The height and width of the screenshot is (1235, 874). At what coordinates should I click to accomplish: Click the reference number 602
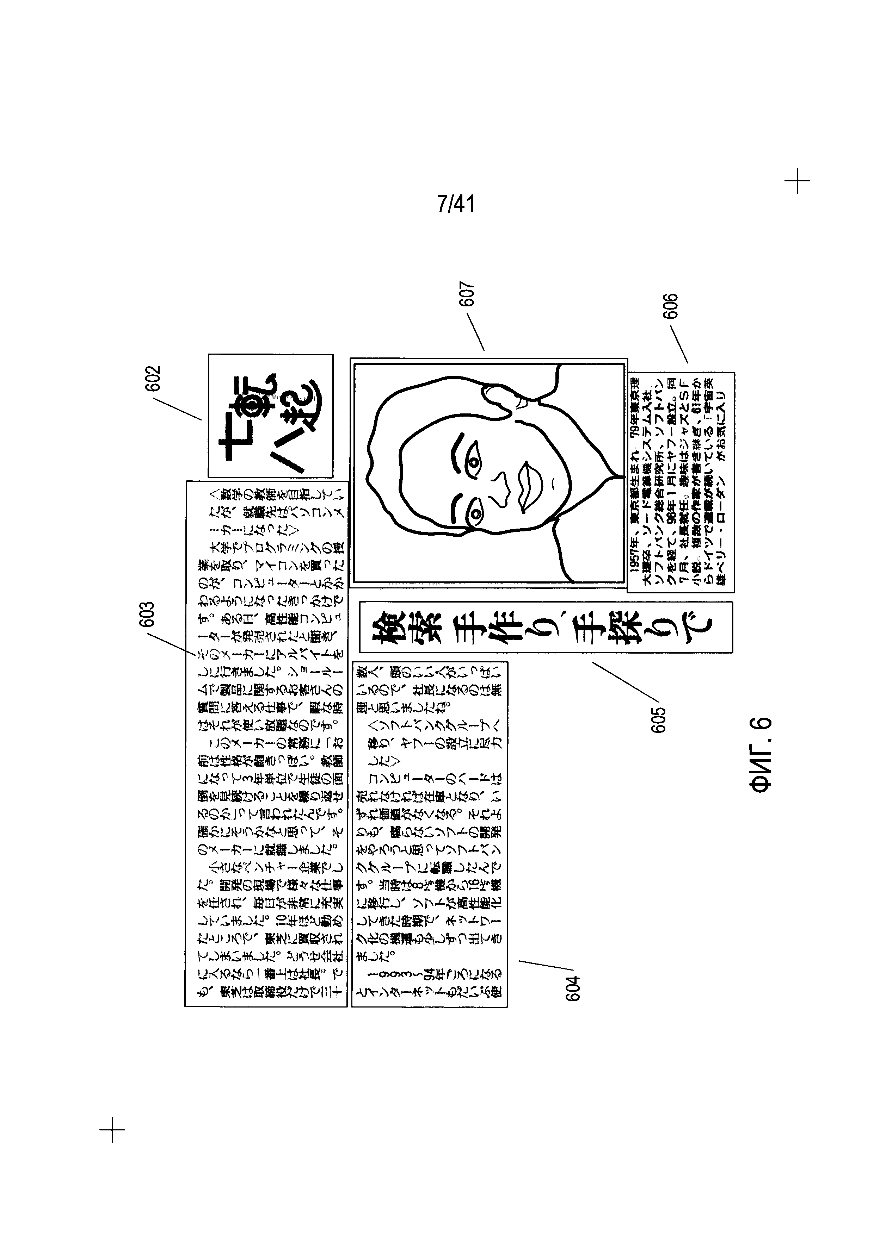pyautogui.click(x=152, y=380)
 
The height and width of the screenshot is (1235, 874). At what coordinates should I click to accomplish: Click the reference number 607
pyautogui.click(x=468, y=295)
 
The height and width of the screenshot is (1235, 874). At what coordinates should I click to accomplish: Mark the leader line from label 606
pyautogui.click(x=679, y=344)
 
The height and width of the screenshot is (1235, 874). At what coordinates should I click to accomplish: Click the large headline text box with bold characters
pyautogui.click(x=546, y=627)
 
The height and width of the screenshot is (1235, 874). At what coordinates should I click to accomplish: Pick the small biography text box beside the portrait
pyautogui.click(x=681, y=482)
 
